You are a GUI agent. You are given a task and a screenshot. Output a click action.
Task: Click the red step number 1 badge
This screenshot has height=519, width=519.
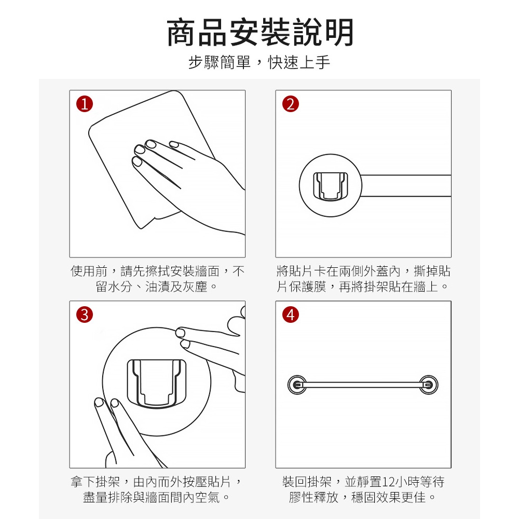pyautogui.click(x=85, y=104)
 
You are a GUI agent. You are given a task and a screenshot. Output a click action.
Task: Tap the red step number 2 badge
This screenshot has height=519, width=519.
pyautogui.click(x=291, y=104)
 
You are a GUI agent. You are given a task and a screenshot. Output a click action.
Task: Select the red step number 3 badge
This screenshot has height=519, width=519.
pyautogui.click(x=85, y=315)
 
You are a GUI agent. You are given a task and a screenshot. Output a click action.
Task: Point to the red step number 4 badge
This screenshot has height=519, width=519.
pyautogui.click(x=291, y=315)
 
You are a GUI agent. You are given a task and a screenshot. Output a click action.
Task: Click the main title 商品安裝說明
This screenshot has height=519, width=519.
pyautogui.click(x=260, y=32)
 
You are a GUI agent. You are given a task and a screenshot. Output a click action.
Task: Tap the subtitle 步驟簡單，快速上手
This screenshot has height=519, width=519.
pyautogui.click(x=259, y=62)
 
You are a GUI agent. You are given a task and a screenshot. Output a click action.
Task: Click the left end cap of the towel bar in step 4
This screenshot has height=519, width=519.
pyautogui.click(x=297, y=385)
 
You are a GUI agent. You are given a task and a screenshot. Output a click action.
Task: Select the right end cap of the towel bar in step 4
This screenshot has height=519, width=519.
pyautogui.click(x=429, y=385)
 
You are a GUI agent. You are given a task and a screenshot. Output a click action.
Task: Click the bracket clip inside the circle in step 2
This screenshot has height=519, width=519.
pyautogui.click(x=331, y=186)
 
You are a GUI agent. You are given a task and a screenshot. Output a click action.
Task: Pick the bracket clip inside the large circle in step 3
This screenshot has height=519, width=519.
pyautogui.click(x=157, y=383)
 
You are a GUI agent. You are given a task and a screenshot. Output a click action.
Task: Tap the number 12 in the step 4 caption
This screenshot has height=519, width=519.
pyautogui.click(x=389, y=482)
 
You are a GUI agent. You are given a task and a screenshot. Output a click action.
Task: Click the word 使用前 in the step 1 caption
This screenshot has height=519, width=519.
pyautogui.click(x=89, y=271)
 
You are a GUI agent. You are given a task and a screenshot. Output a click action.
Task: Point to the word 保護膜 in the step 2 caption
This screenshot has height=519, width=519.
pyautogui.click(x=308, y=286)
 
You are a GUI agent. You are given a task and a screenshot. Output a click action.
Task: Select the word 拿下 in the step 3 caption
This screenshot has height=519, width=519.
pyautogui.click(x=83, y=482)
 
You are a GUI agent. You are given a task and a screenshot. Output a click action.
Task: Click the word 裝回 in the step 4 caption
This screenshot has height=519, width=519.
pyautogui.click(x=295, y=482)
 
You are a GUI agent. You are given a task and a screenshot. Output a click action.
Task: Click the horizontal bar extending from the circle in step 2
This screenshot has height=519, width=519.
pyautogui.click(x=406, y=186)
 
